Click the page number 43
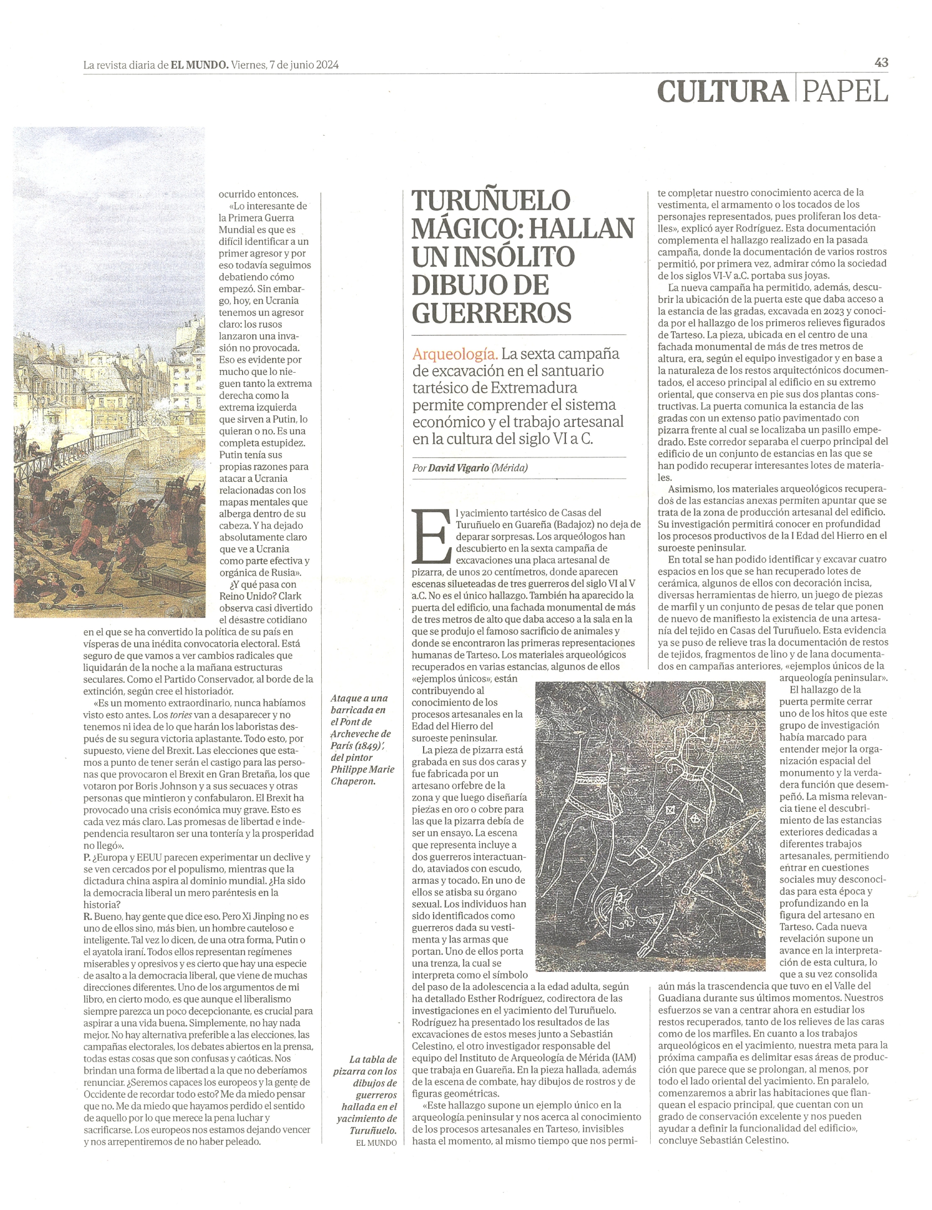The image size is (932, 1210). tap(881, 63)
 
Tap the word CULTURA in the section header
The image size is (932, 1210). tap(722, 91)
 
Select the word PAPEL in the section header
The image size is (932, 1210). tap(845, 91)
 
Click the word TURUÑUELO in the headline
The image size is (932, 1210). tap(491, 200)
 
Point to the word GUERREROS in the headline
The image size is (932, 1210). tap(492, 312)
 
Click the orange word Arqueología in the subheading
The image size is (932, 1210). tap(454, 353)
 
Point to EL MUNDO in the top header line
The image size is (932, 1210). tap(199, 65)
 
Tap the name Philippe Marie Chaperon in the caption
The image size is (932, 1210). tap(362, 775)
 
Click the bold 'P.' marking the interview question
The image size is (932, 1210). tap(87, 857)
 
